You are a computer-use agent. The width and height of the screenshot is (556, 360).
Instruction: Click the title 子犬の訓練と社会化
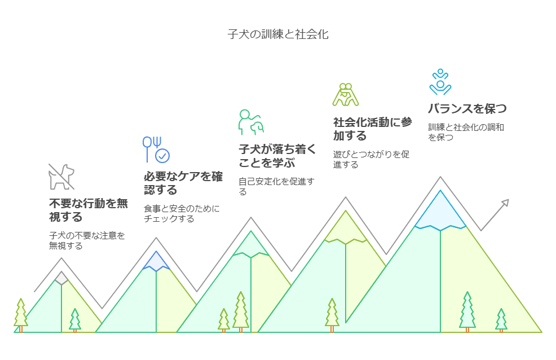278,34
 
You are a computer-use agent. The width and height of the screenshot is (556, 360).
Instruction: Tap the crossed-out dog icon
61,177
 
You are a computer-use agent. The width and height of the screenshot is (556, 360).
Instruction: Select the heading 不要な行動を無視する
89,210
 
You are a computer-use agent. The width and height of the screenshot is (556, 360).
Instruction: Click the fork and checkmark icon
156,150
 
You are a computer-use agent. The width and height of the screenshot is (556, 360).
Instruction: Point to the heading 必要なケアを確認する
183,183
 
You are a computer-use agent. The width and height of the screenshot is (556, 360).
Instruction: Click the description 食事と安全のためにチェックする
182,213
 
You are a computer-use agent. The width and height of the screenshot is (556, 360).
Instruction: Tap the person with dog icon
251,122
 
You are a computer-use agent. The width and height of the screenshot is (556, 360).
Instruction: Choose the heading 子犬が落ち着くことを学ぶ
277,156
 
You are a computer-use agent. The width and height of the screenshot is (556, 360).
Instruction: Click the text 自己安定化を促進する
276,187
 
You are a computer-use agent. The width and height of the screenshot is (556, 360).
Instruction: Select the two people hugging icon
346,95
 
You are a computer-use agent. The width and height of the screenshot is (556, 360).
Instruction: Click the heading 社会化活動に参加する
372,129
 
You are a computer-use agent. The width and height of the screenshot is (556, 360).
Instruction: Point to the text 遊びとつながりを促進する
371,159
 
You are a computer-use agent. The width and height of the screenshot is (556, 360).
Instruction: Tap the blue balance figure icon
440,82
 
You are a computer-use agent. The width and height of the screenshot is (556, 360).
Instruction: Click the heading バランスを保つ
467,108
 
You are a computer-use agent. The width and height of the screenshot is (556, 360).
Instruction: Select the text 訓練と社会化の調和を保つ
466,132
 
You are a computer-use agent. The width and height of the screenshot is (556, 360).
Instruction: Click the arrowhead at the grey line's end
505,203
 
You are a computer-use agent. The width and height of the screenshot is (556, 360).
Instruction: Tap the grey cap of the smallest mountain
61,278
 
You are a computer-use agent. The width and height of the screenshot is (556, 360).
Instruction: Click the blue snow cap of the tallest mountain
440,211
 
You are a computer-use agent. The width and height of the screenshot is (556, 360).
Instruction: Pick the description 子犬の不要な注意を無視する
87,240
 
